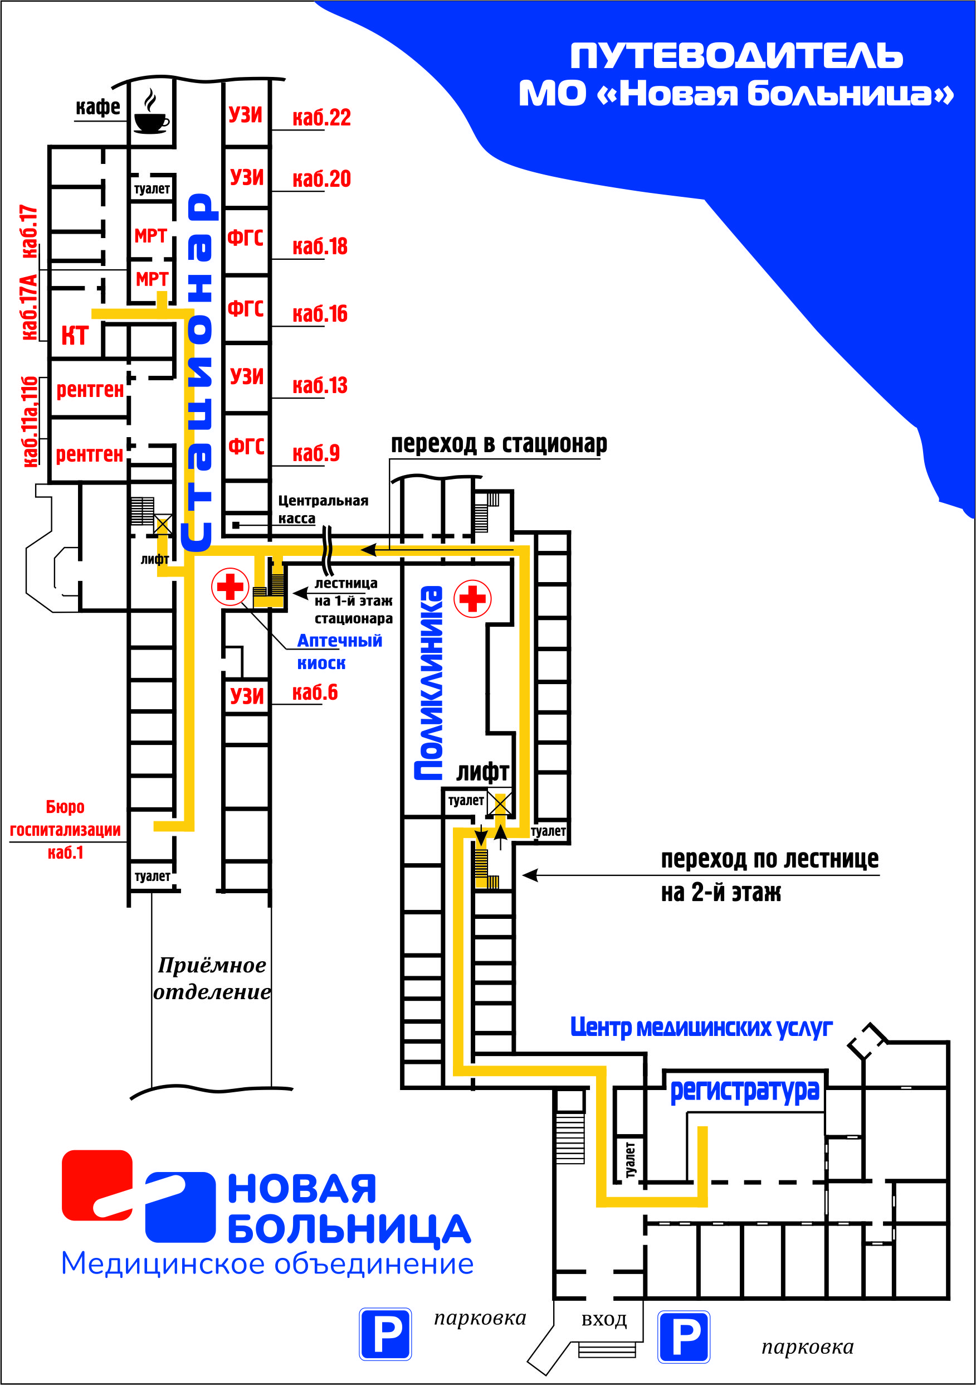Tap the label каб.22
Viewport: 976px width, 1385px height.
(321, 118)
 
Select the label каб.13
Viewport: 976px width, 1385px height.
(320, 385)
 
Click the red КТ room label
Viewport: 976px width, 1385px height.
(75, 336)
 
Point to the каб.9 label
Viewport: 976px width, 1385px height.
(316, 453)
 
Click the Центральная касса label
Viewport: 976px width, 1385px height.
(323, 509)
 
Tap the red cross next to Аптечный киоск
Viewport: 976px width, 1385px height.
(230, 586)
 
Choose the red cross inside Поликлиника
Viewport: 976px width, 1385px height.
(472, 598)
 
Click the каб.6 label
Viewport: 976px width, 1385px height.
(315, 692)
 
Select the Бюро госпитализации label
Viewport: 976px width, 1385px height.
(65, 830)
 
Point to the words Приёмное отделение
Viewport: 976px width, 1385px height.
(212, 978)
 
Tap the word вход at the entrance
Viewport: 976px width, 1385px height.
(604, 1320)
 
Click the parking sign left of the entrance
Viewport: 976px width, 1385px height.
(385, 1334)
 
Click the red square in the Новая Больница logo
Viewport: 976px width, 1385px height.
(96, 1185)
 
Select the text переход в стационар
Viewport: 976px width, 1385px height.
(499, 444)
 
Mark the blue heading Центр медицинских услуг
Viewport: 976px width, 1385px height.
(701, 1026)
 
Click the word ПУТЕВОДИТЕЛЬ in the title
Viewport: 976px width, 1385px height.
(736, 56)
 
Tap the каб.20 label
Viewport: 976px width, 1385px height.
(321, 179)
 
